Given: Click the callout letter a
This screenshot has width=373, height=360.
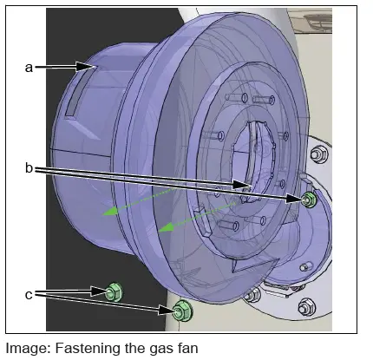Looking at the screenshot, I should pos(29,66).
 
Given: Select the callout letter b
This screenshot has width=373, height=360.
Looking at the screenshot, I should pos(29,168).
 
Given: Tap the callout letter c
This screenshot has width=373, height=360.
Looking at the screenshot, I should pos(29,294).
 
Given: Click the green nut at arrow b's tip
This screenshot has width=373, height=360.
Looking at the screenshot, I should pos(309,200).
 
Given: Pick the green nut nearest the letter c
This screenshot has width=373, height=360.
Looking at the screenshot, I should pos(112,292).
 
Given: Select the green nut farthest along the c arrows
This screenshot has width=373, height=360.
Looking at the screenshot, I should pos(181,309).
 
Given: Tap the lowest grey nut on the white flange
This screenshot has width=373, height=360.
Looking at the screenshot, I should pos(307,307).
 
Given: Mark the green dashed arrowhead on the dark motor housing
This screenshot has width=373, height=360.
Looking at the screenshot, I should pos(105,211).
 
